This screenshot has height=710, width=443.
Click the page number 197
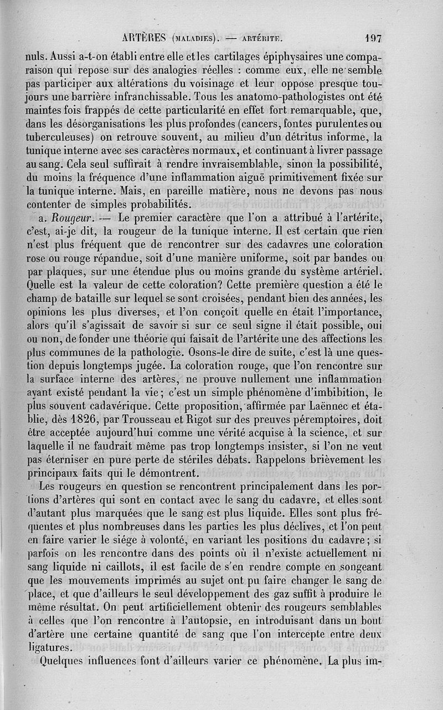click(374, 39)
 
